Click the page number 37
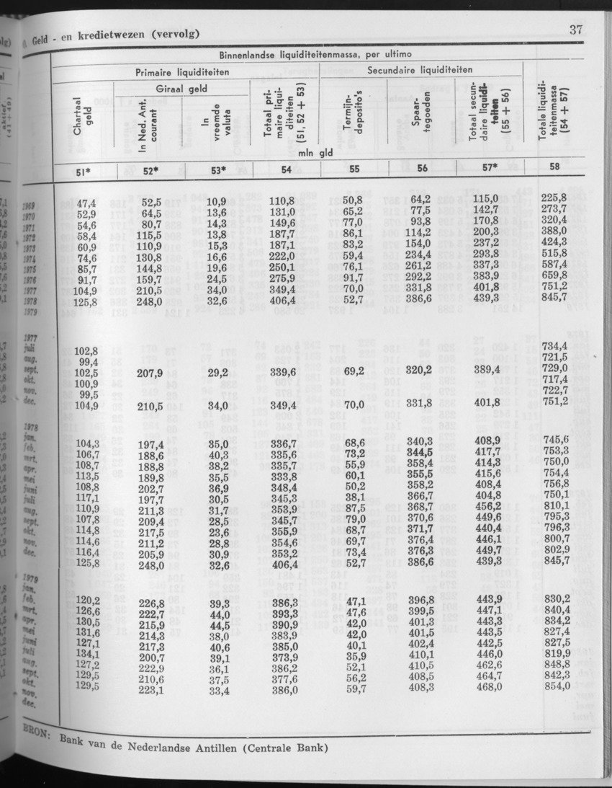pyautogui.click(x=575, y=30)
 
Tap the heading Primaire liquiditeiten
pyautogui.click(x=182, y=72)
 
